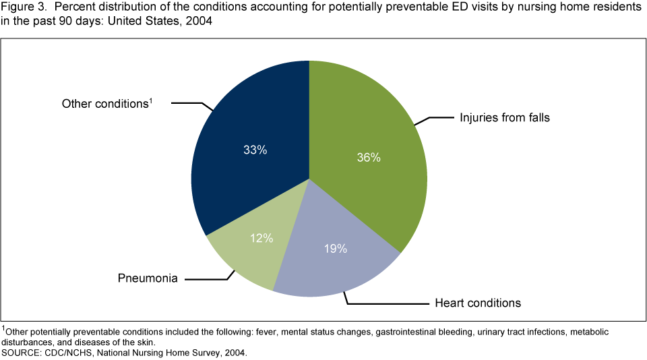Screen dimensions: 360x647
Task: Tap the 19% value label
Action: click(x=335, y=249)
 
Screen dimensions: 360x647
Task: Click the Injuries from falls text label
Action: click(x=505, y=118)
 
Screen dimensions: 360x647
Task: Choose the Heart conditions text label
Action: click(x=475, y=303)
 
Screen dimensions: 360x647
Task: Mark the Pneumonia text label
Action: click(x=148, y=278)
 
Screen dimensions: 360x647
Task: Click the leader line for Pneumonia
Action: click(x=209, y=278)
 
